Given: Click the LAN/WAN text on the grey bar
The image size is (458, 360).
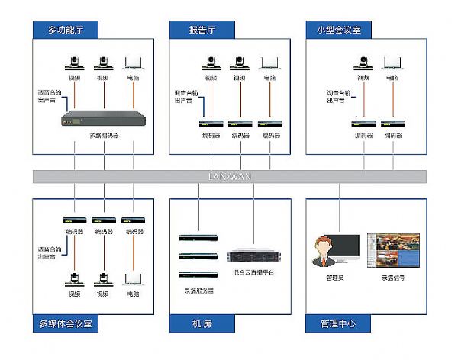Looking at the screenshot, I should click(229, 176).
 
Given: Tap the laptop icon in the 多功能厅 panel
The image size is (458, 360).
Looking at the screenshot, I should click(134, 63).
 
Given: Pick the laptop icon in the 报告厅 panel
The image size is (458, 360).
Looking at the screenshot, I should click(269, 63).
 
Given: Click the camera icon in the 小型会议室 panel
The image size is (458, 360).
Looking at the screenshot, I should click(363, 63).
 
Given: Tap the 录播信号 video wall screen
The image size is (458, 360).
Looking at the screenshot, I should click(393, 249).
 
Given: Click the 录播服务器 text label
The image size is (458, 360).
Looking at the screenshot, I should click(200, 291).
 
